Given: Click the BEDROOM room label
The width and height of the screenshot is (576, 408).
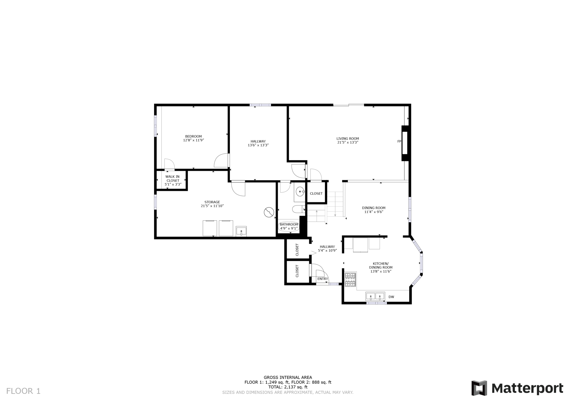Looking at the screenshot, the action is pos(193,136).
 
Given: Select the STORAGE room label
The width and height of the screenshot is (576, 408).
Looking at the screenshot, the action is pos(212,202).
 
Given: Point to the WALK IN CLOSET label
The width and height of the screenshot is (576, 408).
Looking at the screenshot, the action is pos(173,178).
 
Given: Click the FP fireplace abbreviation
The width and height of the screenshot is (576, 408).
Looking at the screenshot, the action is pos(399,141).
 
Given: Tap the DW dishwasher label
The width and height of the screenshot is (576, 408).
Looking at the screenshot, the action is pos(391,297).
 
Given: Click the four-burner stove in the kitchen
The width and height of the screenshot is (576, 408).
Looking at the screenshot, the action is pos(350,280).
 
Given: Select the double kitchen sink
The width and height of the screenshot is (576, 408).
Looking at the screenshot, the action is pos(375,296).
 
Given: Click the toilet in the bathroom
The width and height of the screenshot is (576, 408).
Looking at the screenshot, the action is pos(298,209).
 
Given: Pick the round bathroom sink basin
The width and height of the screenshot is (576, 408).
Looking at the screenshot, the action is pos(300,191).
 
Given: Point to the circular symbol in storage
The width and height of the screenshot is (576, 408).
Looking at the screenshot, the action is pos(269,212).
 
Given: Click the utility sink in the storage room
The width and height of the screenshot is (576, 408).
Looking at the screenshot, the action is pos(241,231).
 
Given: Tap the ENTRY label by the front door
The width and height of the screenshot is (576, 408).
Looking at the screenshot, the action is pos(323,279).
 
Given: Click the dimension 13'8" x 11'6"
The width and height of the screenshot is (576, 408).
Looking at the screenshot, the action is pos(381,271).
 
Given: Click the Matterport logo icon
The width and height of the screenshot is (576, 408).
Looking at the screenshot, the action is pos(479,388).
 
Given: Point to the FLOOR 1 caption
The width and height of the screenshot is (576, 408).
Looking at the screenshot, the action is pos(23,391).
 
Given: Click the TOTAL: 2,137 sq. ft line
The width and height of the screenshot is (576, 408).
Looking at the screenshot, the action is pos(288,387).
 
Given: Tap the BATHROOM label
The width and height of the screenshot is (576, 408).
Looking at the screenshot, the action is pos(289,224).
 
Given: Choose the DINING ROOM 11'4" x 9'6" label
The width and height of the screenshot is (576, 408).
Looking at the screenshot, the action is pos(374,210).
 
